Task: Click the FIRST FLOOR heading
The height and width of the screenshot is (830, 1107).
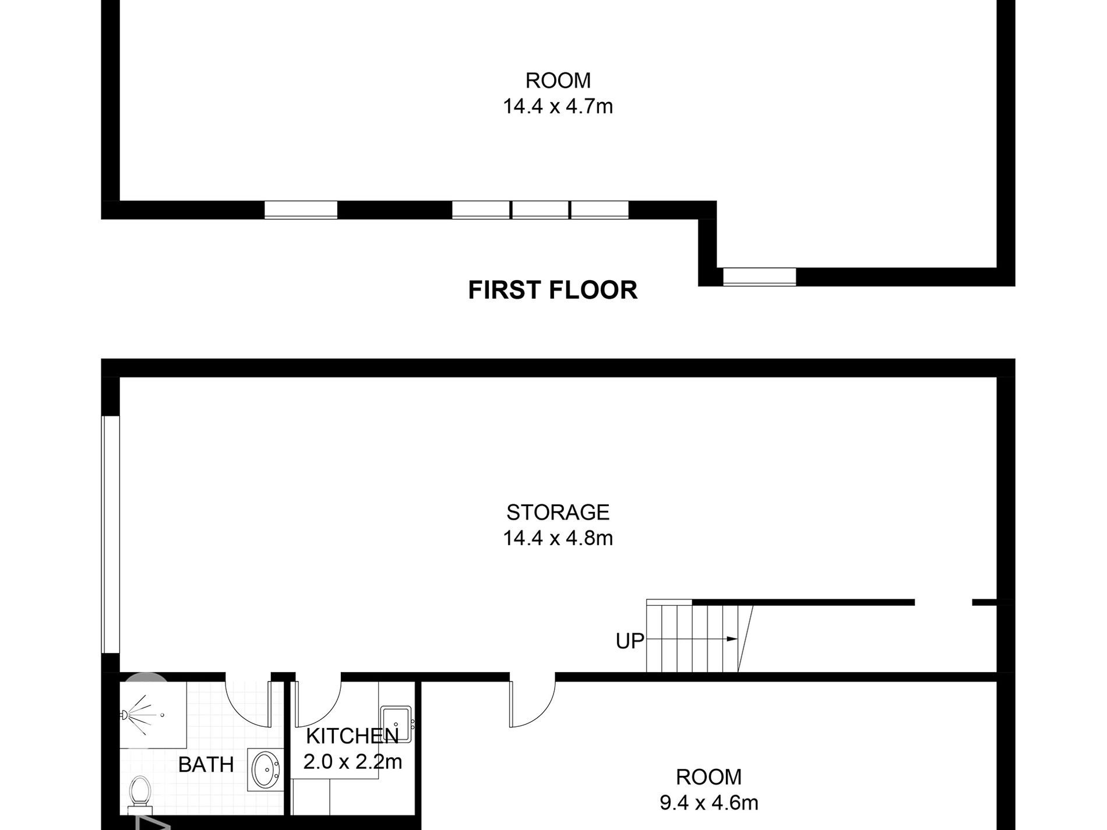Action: click(552, 290)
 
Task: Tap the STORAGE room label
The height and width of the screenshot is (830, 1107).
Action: click(558, 512)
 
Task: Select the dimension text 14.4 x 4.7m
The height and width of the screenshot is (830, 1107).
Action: click(558, 107)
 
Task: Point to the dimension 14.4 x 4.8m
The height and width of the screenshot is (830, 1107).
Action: click(558, 538)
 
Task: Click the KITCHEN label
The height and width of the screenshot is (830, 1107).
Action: click(352, 736)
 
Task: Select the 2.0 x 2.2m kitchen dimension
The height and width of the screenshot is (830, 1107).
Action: click(352, 761)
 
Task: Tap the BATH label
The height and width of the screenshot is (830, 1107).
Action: click(206, 765)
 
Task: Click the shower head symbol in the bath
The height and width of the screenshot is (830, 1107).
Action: click(125, 714)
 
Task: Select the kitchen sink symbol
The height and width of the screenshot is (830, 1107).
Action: click(397, 724)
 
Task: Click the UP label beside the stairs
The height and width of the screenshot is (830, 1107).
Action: click(630, 641)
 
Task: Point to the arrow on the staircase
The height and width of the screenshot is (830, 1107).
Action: click(732, 639)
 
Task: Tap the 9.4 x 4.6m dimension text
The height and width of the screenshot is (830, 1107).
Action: click(708, 803)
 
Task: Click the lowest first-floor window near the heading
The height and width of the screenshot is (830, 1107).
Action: click(759, 277)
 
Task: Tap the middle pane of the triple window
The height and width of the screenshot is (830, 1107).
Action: click(540, 210)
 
